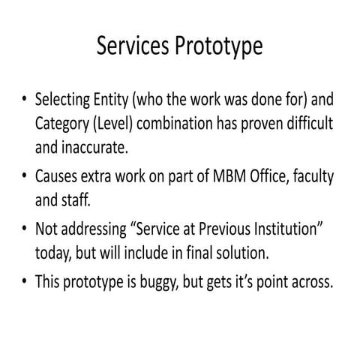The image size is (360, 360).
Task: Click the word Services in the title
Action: [133, 46]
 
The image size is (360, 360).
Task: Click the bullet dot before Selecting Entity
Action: [24, 102]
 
